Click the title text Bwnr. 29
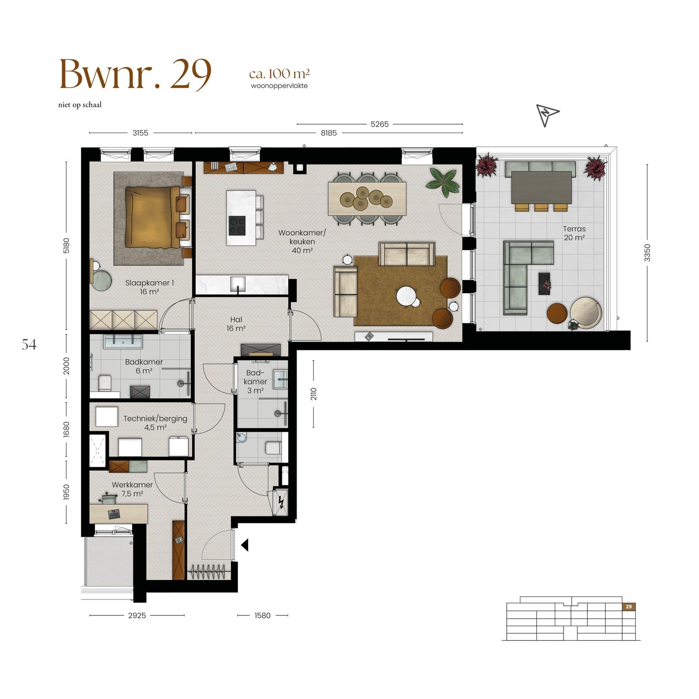(x=135, y=75)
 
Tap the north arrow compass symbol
(x=547, y=115)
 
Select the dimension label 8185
(x=328, y=133)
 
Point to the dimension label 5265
(x=379, y=124)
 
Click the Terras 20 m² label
(x=574, y=233)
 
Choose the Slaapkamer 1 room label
(x=149, y=287)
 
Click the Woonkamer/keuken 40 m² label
(x=302, y=241)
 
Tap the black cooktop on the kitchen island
(x=237, y=225)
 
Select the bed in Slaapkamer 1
(x=150, y=216)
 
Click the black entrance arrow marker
(x=245, y=545)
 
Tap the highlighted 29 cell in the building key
(x=629, y=607)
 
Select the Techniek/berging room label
(x=155, y=423)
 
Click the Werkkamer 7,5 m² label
(x=132, y=489)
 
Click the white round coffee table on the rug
(x=406, y=296)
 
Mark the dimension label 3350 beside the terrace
(x=647, y=253)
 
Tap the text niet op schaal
(x=80, y=105)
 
